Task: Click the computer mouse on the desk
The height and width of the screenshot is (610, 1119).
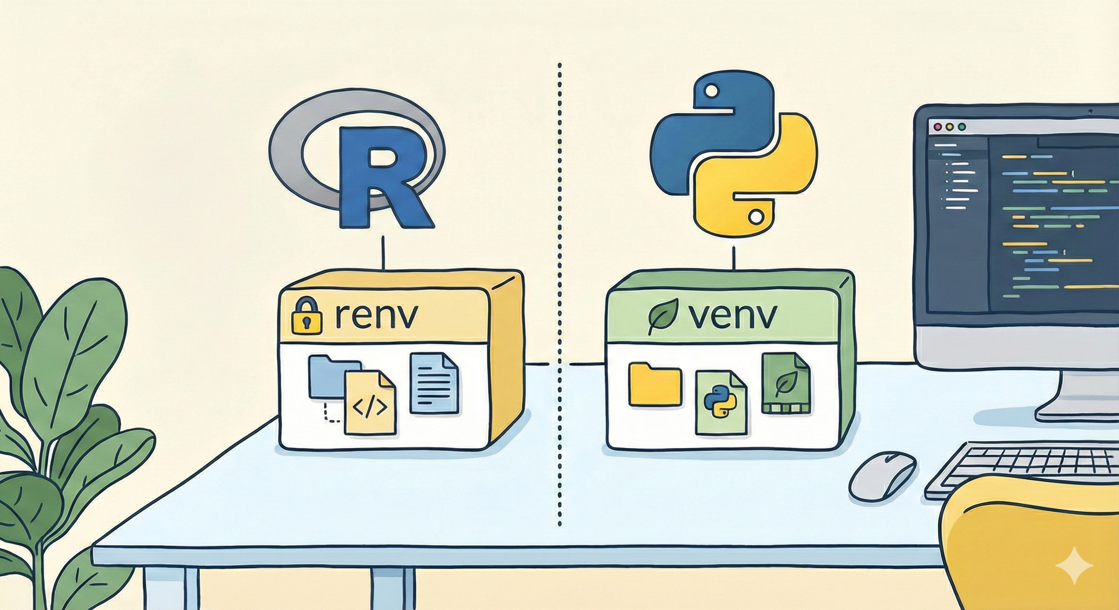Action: click(882, 481)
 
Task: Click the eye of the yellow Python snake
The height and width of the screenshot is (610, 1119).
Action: click(756, 215)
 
